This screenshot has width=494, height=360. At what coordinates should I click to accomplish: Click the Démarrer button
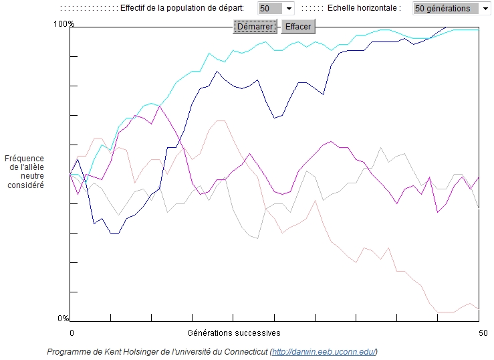point(255,27)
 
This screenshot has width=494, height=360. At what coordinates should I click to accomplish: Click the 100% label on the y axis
point(64,24)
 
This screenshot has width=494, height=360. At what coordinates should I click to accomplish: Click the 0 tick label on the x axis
point(72,333)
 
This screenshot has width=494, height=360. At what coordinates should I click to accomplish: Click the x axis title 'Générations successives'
point(234,333)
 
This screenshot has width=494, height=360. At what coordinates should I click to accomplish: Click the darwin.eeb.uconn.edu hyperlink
point(324,352)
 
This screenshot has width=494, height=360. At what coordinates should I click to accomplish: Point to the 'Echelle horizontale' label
point(364,9)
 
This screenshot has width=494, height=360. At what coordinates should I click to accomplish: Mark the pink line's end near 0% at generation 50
point(479,308)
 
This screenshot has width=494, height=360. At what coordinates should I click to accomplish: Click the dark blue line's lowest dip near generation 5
point(114,233)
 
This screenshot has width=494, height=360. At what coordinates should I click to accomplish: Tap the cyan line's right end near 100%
point(479,29)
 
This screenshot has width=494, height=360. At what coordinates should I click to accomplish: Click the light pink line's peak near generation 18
point(220,120)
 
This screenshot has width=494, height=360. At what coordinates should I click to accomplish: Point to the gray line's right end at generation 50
point(479,207)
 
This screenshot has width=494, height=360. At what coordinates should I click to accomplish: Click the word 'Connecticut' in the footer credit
point(245,352)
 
